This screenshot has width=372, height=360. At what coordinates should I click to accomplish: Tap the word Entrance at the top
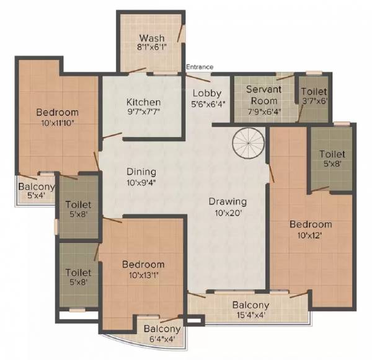coord(199,67)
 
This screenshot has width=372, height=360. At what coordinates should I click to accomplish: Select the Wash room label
coord(152,37)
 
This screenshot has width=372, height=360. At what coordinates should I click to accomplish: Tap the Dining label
coord(141,172)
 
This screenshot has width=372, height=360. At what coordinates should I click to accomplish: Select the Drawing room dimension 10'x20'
coord(228,213)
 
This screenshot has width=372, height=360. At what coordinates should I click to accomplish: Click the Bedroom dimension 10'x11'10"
coord(57,123)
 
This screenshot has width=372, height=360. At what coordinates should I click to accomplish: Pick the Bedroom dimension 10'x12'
coord(311,235)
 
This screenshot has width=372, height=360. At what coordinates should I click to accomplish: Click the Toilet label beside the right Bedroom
coord(332,154)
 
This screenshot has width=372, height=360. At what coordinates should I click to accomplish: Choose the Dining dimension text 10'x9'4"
coord(141,183)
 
